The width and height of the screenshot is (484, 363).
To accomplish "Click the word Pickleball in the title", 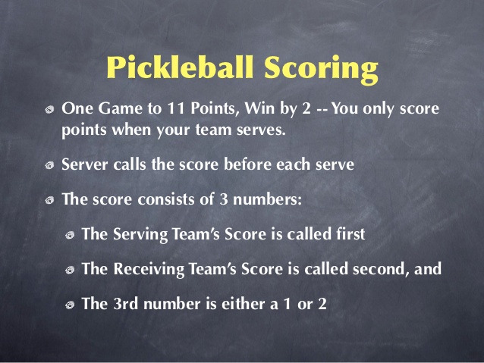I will [180, 68].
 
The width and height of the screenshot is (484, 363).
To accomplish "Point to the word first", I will [349, 234].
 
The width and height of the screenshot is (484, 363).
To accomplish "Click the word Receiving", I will [149, 270].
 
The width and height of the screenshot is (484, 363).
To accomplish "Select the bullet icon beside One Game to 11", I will [49, 110].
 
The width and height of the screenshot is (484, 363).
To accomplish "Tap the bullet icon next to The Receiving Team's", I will [71, 271].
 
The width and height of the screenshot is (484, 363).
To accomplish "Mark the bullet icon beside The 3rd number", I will [71, 305].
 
